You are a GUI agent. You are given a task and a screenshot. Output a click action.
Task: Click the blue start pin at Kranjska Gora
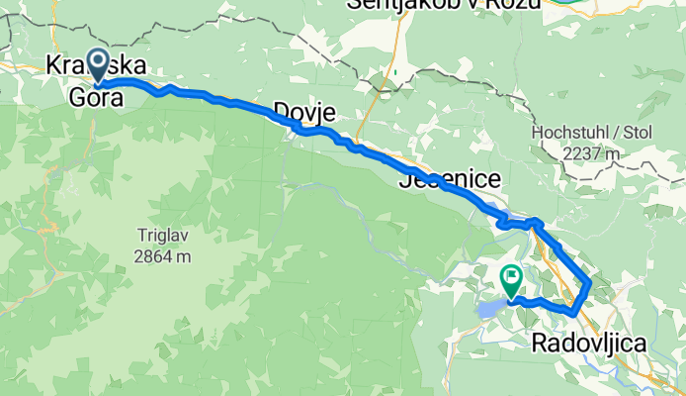100,65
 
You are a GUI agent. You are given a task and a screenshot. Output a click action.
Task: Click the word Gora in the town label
96,97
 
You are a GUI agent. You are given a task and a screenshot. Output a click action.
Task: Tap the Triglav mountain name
164,237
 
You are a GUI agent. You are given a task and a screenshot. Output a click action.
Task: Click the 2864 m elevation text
164,256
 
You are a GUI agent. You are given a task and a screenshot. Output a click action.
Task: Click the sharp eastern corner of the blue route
590,283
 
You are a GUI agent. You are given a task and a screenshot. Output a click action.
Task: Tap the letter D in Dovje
280,109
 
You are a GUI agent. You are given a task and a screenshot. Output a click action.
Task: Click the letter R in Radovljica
540,344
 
